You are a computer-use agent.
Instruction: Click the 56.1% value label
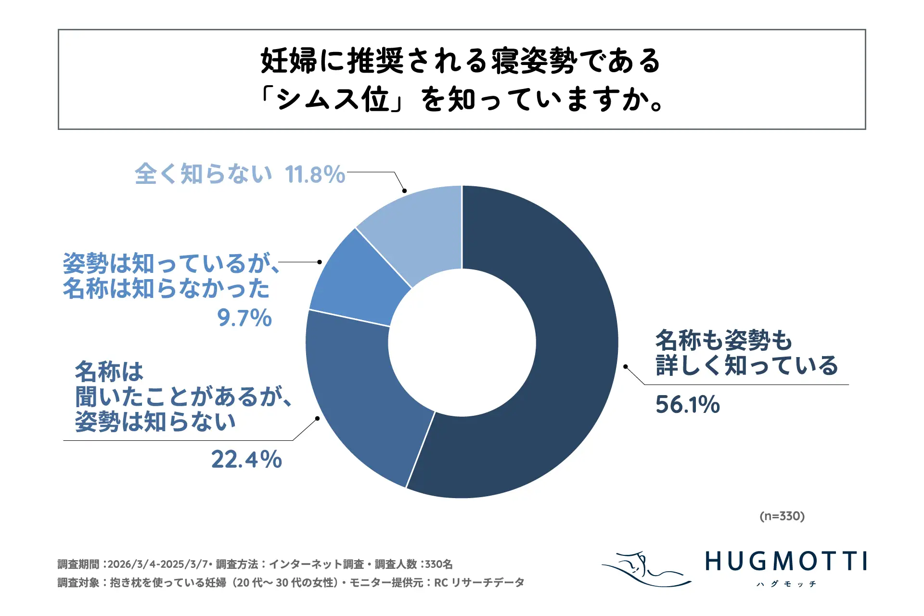pos(687,405)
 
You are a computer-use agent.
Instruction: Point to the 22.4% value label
pos(246,460)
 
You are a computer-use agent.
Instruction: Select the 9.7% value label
pos(244,318)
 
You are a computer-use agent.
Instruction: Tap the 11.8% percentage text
pos(315,175)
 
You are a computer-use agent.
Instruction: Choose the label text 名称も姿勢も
pos(723,340)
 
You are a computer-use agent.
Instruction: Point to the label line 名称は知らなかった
pos(167,289)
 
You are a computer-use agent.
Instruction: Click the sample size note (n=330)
pos(782,516)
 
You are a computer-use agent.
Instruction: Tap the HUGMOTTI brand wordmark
pos(786,562)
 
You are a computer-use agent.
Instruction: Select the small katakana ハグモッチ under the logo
pos(786,584)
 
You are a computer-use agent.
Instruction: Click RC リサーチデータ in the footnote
pos(479,583)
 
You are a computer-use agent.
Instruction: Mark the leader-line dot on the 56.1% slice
pos(625,367)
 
